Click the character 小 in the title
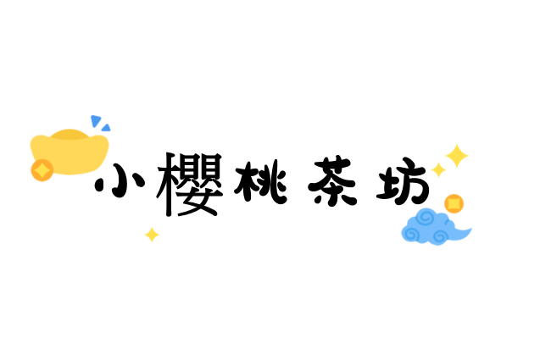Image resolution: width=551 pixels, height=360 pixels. click(120, 180)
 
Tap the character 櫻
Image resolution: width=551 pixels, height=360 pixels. click(190, 185)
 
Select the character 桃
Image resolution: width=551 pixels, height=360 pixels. click(261, 182)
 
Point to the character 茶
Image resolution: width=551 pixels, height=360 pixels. click(332, 180)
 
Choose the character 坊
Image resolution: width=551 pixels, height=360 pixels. click(403, 181)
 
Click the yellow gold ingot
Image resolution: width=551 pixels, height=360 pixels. click(70, 152)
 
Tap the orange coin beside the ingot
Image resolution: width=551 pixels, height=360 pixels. click(42, 170)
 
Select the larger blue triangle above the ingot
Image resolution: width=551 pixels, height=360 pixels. click(96, 121)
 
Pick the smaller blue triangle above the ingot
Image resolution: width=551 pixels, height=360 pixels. click(106, 128)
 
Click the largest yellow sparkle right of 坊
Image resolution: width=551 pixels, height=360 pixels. click(457, 156)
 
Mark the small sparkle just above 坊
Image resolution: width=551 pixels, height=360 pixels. click(438, 169)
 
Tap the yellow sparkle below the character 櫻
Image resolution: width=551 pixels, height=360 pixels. click(152, 235)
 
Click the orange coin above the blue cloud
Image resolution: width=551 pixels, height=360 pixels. click(454, 203)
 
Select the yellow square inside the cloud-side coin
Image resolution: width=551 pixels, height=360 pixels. click(454, 203)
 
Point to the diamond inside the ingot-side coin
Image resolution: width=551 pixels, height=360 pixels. click(42, 170)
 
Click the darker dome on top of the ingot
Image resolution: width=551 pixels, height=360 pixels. click(70, 135)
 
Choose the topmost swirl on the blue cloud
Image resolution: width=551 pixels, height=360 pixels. click(426, 218)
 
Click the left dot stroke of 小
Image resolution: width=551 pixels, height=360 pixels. click(98, 185)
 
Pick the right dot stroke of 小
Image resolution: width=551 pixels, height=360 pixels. click(139, 180)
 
